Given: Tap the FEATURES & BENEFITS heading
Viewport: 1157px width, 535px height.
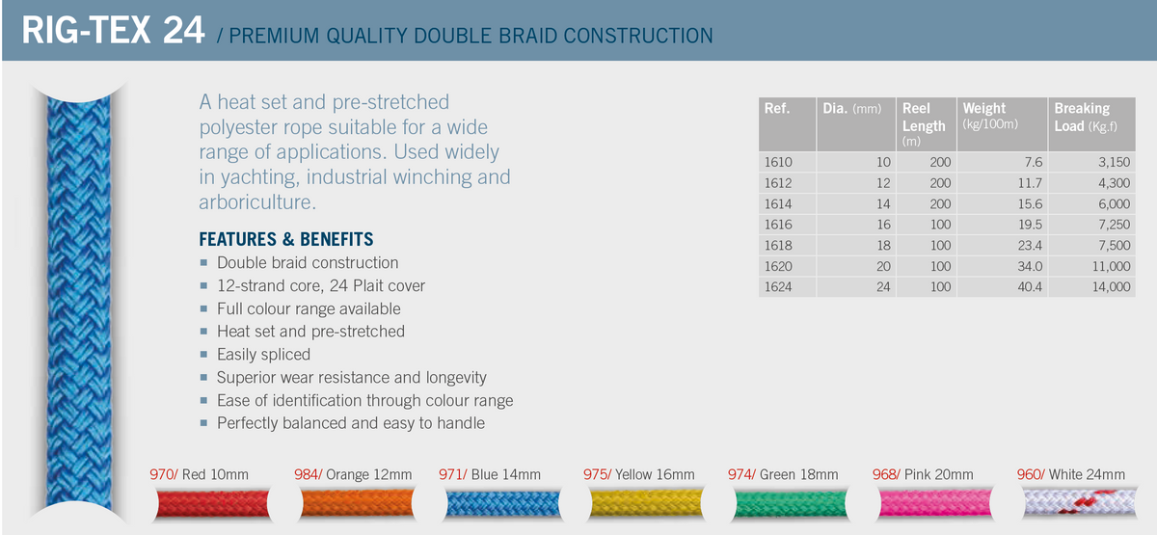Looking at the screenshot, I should pyautogui.click(x=285, y=239).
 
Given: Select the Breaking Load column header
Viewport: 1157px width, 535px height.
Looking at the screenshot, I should pyautogui.click(x=1086, y=118).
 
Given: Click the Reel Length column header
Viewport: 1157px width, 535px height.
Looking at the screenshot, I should pyautogui.click(x=924, y=118).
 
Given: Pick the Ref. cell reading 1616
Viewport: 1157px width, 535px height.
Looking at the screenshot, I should pyautogui.click(x=778, y=225).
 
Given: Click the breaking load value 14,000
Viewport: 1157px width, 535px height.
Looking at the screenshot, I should pyautogui.click(x=1107, y=287).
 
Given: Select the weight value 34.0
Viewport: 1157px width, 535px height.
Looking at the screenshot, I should pyautogui.click(x=1029, y=266).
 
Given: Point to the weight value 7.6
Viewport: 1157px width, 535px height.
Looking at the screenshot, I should pyautogui.click(x=1034, y=162).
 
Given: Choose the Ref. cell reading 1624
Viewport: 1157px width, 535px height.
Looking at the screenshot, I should pyautogui.click(x=778, y=287).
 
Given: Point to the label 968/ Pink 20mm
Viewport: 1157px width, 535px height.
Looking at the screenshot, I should pyautogui.click(x=923, y=474).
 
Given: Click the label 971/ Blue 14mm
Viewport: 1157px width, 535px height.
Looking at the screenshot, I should pyautogui.click(x=490, y=474).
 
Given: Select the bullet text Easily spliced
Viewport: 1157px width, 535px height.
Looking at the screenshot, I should pyautogui.click(x=263, y=354).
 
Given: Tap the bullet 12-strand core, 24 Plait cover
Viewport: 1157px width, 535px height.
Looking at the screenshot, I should pyautogui.click(x=320, y=285).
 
